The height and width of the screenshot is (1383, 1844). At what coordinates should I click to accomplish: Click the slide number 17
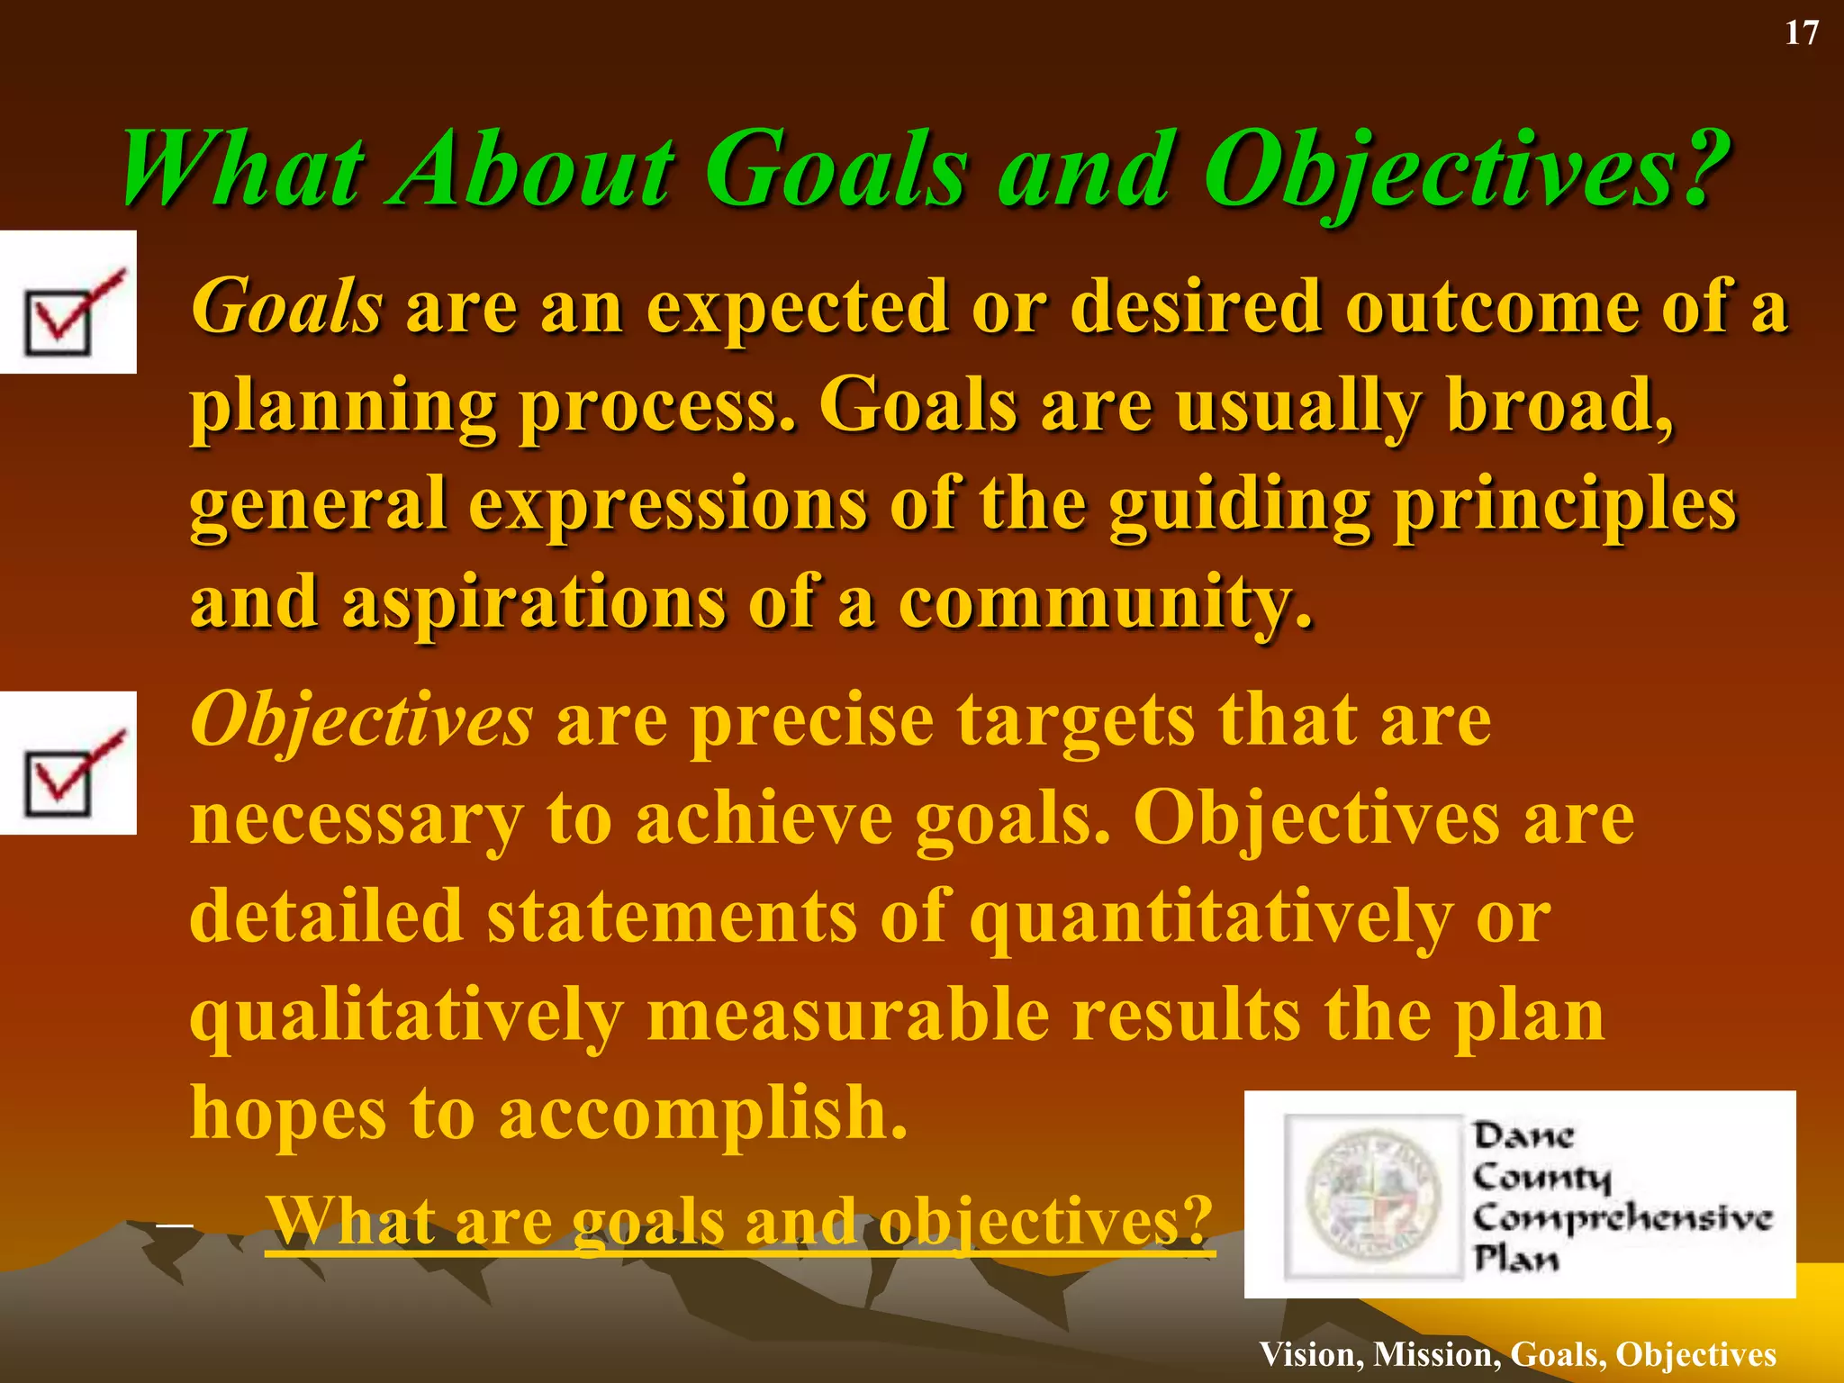1802,33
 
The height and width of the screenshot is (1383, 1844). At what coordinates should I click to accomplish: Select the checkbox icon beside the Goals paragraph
68,303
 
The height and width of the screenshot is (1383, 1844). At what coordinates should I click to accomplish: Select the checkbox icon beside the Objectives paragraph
68,764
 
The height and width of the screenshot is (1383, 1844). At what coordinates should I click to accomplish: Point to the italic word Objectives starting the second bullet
361,720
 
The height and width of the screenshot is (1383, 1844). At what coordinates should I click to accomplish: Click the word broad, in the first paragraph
1559,405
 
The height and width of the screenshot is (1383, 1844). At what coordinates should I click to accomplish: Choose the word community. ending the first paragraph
1106,603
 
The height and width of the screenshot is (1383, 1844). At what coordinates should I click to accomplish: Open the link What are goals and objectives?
740,1223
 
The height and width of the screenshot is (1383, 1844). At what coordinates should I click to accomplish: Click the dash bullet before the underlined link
174,1225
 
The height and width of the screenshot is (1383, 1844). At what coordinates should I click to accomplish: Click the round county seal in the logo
1373,1196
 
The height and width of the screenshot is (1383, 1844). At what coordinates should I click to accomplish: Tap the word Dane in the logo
1523,1136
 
